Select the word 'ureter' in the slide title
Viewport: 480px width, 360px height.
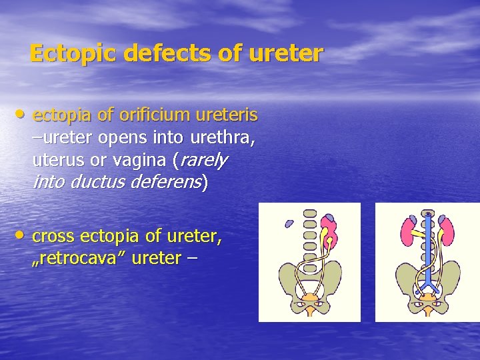[x=285, y=53]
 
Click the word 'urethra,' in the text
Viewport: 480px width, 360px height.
[x=223, y=138]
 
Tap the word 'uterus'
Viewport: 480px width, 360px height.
[x=55, y=161]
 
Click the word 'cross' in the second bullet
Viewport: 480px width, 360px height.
[x=53, y=236]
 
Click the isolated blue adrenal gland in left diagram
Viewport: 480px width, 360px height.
[x=289, y=223]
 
